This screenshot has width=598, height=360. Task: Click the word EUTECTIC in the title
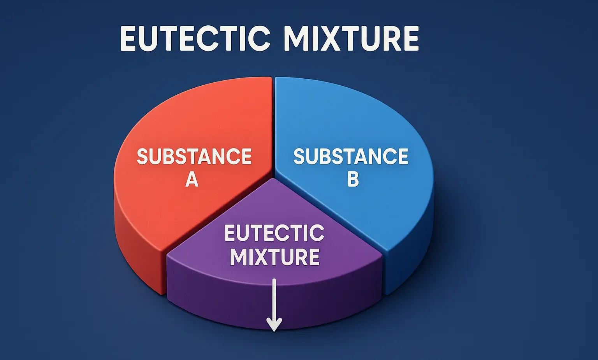click(x=195, y=39)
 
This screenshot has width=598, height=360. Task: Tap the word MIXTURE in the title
click(x=350, y=39)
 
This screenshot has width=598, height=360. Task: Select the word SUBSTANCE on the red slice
click(x=194, y=157)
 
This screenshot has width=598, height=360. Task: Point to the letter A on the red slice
click(x=192, y=180)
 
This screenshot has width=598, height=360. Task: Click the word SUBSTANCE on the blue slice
click(x=351, y=157)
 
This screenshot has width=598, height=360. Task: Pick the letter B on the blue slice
click(x=353, y=180)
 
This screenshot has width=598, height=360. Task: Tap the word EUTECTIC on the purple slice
click(x=274, y=233)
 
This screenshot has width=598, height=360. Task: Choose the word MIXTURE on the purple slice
click(x=274, y=257)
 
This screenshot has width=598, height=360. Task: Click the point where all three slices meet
click(x=274, y=175)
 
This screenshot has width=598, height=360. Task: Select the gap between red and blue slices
click(x=273, y=125)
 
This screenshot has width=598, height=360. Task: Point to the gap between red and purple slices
click(x=218, y=216)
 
